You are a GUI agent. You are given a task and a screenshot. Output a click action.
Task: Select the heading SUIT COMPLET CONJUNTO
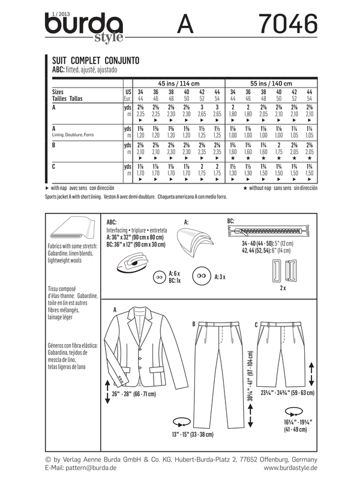click(x=93, y=61)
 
